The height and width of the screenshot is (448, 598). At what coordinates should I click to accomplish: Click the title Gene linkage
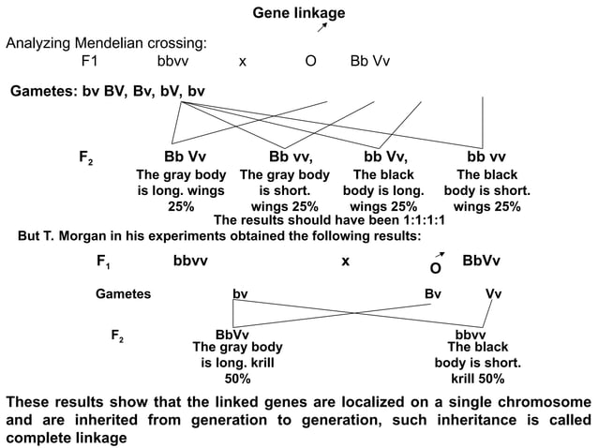[299, 13]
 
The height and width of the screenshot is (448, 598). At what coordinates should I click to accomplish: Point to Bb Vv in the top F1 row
[369, 62]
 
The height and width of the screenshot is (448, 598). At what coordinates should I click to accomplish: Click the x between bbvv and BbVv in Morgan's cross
[346, 261]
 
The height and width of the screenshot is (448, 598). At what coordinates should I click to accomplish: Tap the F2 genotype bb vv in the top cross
[486, 156]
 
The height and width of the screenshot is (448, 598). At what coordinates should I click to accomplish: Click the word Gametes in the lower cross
[124, 293]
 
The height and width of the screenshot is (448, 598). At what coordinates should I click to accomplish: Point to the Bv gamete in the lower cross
[433, 293]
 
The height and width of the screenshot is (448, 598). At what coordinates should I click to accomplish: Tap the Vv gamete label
[493, 293]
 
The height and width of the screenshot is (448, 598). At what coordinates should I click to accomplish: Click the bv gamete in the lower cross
[240, 293]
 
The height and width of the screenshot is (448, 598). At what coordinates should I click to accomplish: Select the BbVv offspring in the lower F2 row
[232, 334]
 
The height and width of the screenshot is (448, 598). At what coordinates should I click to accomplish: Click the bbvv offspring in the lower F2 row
[471, 334]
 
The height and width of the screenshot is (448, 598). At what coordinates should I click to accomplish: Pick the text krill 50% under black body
[478, 379]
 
